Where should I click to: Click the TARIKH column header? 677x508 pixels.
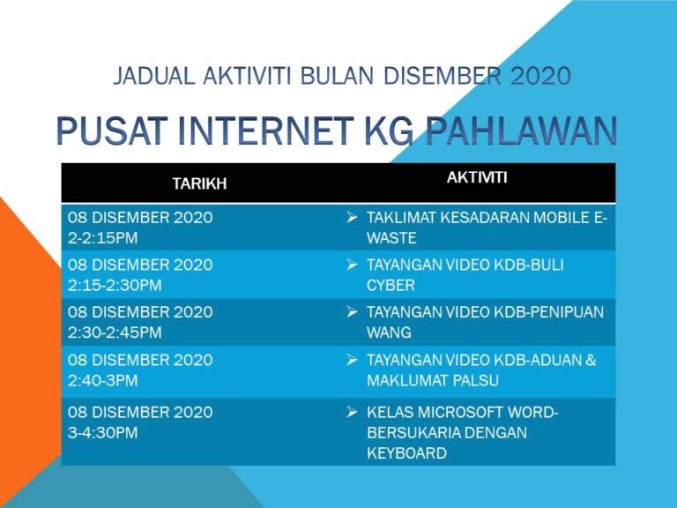199,183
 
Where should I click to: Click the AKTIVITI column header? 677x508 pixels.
477,177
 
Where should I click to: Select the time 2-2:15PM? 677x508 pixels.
102,238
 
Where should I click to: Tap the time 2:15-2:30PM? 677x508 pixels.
115,286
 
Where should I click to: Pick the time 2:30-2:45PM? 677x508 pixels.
115,333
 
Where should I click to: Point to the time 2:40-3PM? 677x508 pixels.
103,381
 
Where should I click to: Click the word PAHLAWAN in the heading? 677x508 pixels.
521,132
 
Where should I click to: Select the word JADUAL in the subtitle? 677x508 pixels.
150,77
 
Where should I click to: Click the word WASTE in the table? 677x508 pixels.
391,238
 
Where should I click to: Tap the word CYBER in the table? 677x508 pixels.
391,286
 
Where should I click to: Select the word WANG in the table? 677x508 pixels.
389,333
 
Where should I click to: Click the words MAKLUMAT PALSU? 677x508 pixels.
433,381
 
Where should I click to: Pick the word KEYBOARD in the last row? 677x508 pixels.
406,453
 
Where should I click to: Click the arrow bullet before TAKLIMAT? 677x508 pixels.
352,217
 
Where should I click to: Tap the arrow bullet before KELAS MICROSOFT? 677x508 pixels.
352,412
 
